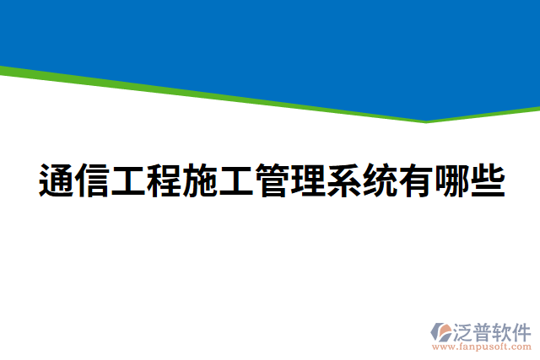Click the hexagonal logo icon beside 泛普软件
pos(442,330)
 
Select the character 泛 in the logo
pos(466,329)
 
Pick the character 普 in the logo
pos(486,329)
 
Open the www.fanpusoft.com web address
pos(482,346)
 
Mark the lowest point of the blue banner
pos(427,120)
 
